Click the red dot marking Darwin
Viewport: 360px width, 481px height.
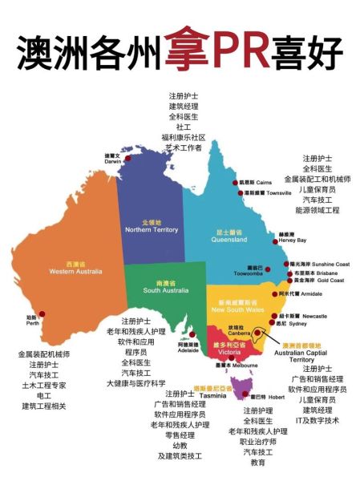point(128,158)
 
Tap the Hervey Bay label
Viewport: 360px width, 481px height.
point(292,236)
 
